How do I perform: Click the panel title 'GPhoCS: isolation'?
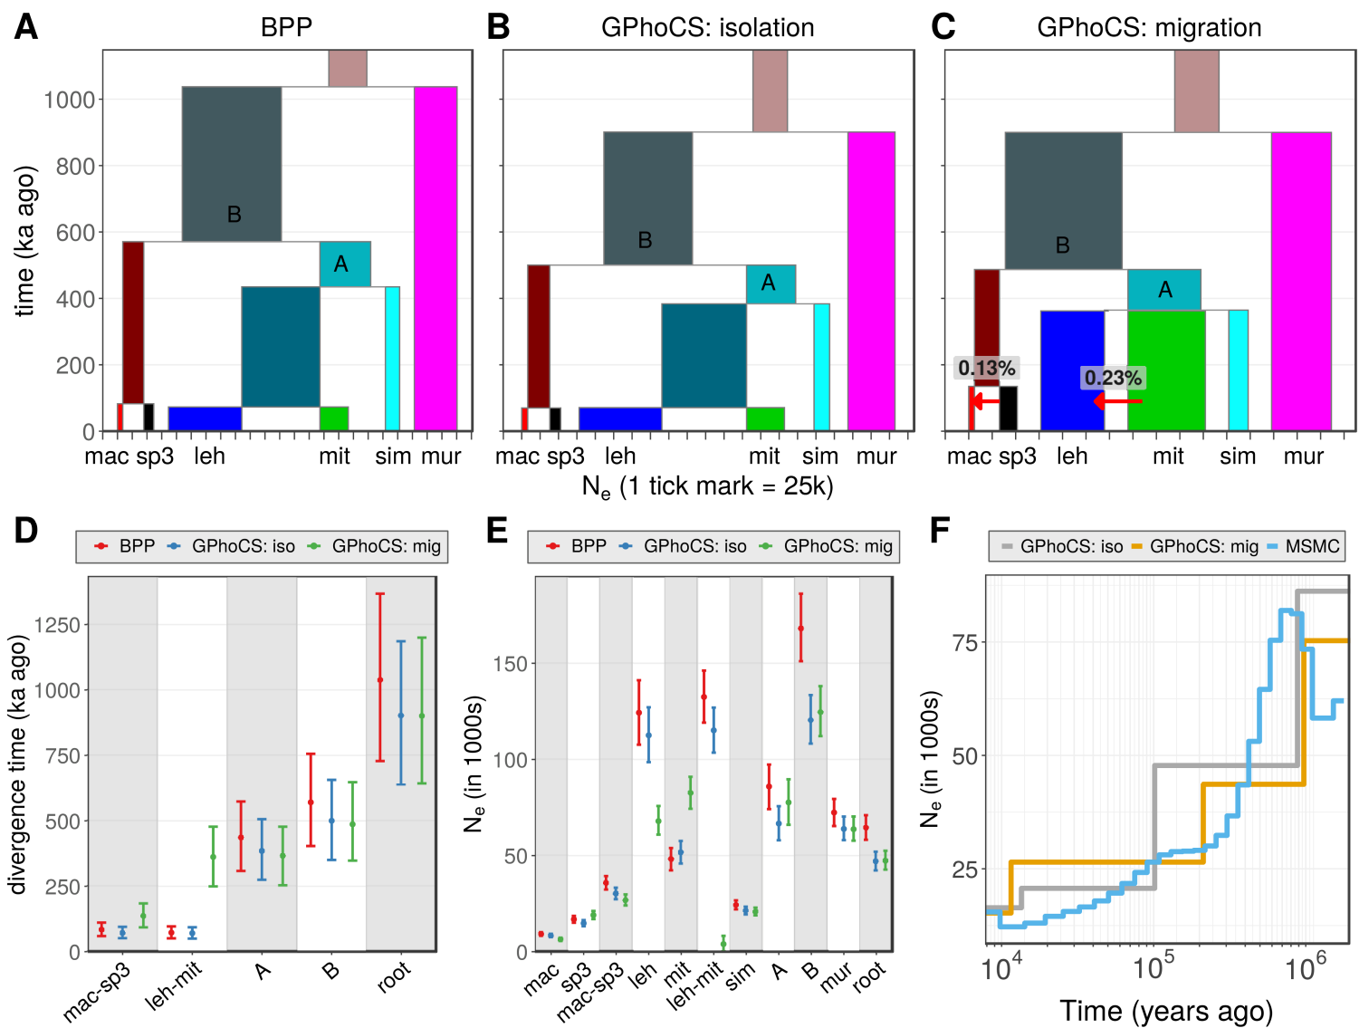(707, 28)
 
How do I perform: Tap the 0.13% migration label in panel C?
(987, 369)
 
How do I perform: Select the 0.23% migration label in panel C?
(1113, 378)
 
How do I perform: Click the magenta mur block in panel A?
(436, 258)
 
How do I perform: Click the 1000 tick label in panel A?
(69, 100)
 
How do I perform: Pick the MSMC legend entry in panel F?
(1304, 546)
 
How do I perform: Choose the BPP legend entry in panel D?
(127, 546)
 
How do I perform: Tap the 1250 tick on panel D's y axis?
(57, 625)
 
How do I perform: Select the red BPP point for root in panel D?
(380, 679)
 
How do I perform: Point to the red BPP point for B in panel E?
(800, 629)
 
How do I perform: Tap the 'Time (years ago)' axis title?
(1166, 1011)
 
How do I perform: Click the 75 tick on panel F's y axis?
(964, 643)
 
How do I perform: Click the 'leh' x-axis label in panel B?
(620, 456)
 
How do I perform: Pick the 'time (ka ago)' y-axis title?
(25, 241)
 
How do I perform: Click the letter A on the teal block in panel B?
(768, 283)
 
